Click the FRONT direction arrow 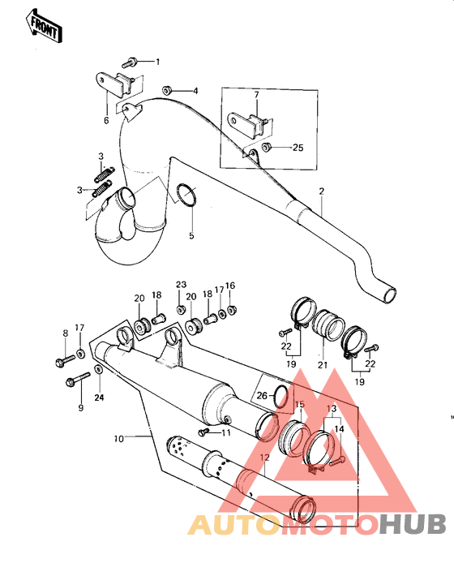coord(45,26)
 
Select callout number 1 coord(158,62)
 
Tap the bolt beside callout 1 coord(131,61)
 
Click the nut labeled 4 coord(166,91)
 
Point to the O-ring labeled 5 coord(186,196)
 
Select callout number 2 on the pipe coord(321,191)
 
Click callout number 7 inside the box coord(256,96)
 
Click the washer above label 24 coord(99,371)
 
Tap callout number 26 coord(260,396)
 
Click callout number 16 coord(229,286)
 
